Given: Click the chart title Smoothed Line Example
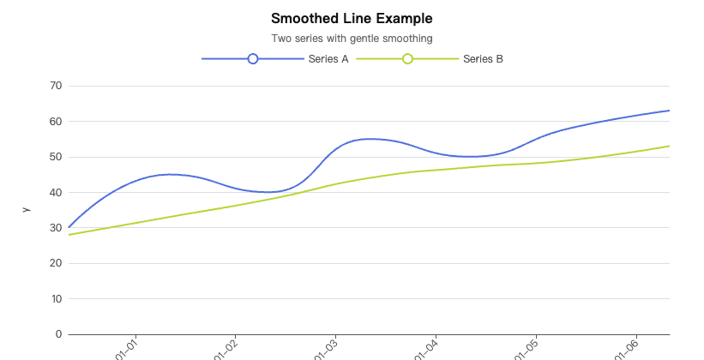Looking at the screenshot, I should pyautogui.click(x=352, y=18).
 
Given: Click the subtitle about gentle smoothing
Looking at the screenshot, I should pyautogui.click(x=352, y=39).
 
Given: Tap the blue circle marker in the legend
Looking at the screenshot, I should pyautogui.click(x=252, y=58).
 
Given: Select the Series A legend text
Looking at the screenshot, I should pyautogui.click(x=328, y=59).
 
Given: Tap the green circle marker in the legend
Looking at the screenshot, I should pyautogui.click(x=407, y=58).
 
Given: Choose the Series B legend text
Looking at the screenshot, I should pyautogui.click(x=483, y=59).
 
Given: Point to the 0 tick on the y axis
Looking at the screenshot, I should pyautogui.click(x=58, y=334).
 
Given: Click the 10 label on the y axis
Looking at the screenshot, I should pyautogui.click(x=56, y=299).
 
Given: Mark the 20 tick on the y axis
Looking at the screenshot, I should pyautogui.click(x=56, y=263).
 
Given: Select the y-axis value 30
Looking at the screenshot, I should pyautogui.click(x=56, y=228).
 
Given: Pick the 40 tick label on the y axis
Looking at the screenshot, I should pyautogui.click(x=56, y=192).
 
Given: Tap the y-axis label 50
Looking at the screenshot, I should pyautogui.click(x=56, y=157).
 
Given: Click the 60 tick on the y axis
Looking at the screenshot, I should pyautogui.click(x=56, y=121).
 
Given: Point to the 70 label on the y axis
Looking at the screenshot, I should pyautogui.click(x=56, y=86).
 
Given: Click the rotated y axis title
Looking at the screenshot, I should pyautogui.click(x=26, y=209).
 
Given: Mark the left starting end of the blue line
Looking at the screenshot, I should pyautogui.click(x=69, y=227).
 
